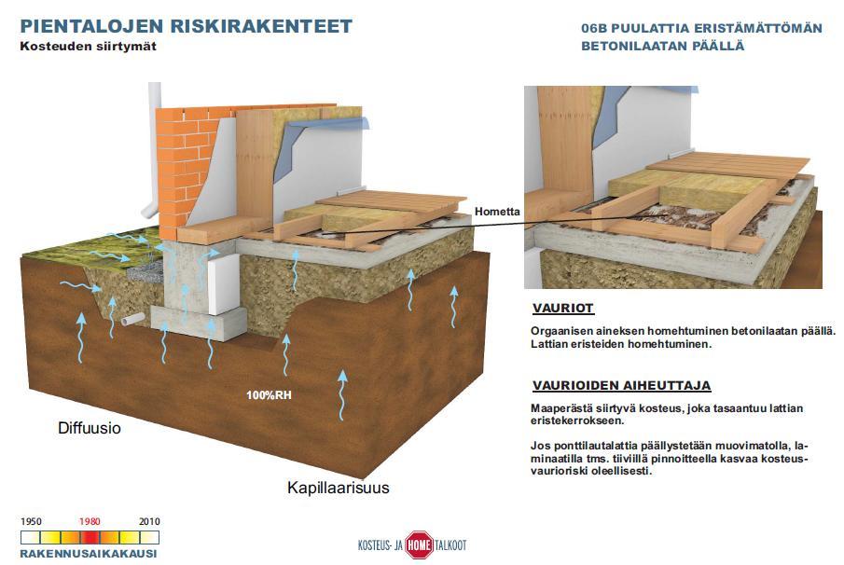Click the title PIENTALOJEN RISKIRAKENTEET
187,26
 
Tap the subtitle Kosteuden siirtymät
89,47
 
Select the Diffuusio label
90,428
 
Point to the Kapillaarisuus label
338,488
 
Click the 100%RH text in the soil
269,395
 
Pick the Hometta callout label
497,212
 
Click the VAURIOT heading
563,309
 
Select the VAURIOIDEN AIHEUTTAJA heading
622,385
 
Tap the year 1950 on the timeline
31,521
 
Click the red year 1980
90,521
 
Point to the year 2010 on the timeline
149,521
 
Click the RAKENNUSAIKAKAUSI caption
89,553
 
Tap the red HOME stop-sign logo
419,545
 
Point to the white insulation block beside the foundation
224,284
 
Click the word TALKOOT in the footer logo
450,545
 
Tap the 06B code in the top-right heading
594,29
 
